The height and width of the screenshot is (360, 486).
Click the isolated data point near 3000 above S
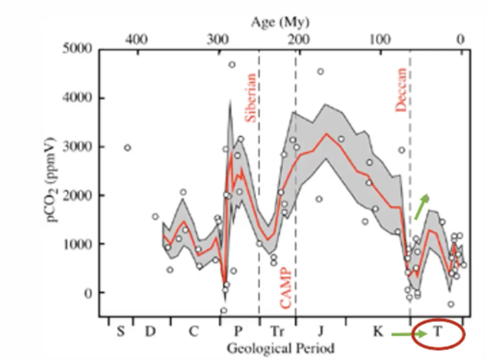click(x=127, y=148)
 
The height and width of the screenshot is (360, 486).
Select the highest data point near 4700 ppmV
click(x=232, y=64)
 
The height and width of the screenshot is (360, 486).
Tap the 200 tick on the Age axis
click(x=298, y=39)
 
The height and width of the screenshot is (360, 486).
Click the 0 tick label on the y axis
click(x=88, y=293)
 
